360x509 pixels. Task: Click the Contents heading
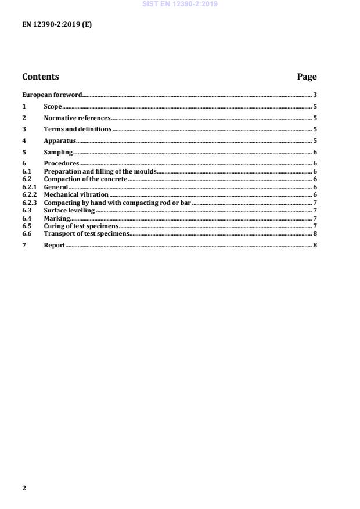pos(41,77)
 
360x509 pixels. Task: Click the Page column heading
pos(307,77)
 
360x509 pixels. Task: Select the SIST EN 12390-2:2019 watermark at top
pos(180,4)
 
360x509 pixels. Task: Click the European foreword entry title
pos(52,95)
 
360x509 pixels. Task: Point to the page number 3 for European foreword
pos(315,95)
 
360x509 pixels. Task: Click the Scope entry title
pos(53,107)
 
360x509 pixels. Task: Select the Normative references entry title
pos(77,118)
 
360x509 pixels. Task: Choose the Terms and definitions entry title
pos(78,129)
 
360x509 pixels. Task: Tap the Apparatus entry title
pos(60,140)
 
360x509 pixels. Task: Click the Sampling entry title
pos(58,152)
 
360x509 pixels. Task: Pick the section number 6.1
pos(27,172)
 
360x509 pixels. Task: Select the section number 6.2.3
pos(30,203)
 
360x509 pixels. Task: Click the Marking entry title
pos(57,218)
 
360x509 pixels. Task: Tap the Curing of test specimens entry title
pos(81,226)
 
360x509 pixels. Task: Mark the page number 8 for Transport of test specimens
pos(315,233)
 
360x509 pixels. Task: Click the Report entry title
pos(55,246)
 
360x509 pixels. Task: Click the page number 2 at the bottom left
pos(24,488)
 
